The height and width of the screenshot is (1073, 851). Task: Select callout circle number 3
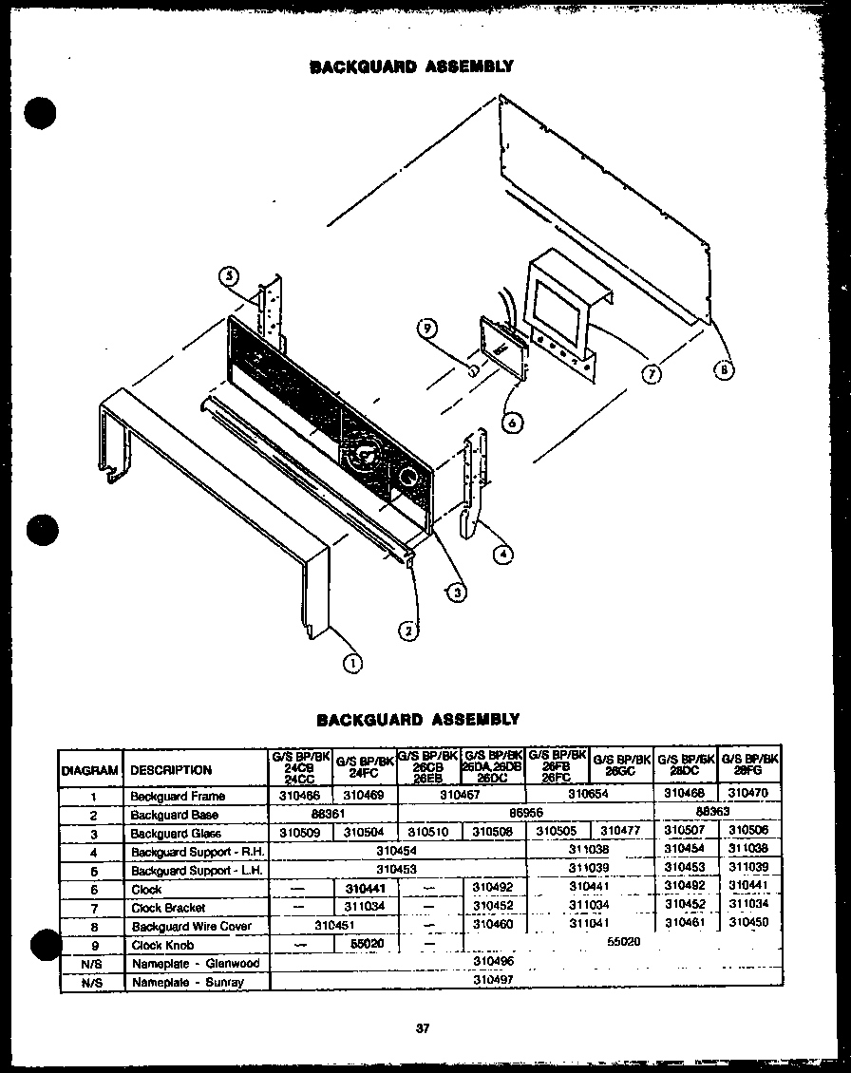coord(457,592)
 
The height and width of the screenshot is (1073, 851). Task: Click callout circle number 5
coord(228,277)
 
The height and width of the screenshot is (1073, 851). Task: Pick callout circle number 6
coord(513,424)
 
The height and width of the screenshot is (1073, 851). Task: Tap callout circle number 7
coord(652,373)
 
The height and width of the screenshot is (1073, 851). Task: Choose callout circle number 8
coord(724,371)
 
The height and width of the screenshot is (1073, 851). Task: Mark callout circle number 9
coord(428,329)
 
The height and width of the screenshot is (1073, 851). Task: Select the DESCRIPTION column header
coord(171,770)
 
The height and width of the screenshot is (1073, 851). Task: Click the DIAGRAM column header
coord(90,770)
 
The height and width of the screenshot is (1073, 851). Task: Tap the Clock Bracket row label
coord(168,908)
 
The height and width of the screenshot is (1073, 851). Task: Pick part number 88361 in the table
coord(328,815)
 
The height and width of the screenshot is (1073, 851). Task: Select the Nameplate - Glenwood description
coord(196,963)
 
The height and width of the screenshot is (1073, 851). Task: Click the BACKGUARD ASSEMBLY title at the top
coord(412,66)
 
